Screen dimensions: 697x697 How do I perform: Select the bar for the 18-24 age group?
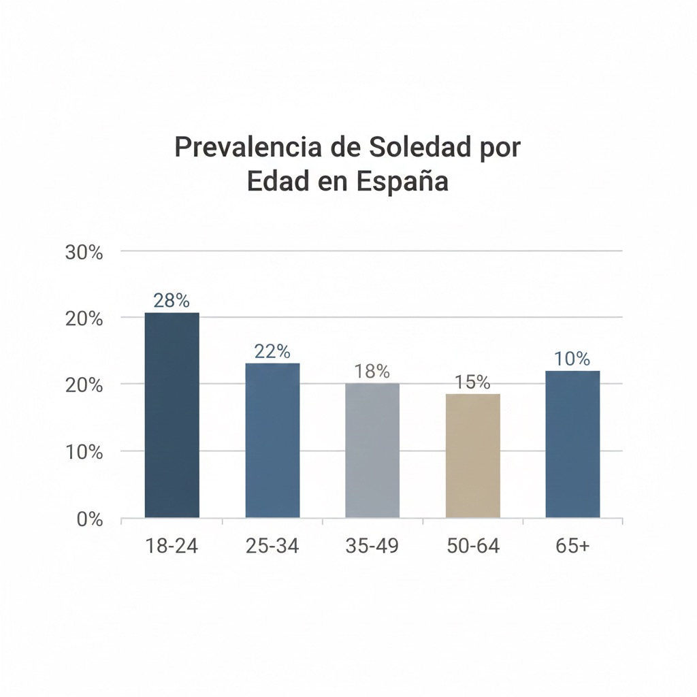pos(172,415)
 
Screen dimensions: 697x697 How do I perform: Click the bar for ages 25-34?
pos(272,440)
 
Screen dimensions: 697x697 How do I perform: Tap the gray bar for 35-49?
pos(372,450)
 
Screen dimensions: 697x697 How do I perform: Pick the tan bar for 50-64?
pos(472,455)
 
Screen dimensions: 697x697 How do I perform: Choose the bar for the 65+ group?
pos(572,444)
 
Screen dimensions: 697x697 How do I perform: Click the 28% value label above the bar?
pos(172,301)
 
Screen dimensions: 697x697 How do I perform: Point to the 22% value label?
pos(272,351)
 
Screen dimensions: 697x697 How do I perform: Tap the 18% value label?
pos(372,372)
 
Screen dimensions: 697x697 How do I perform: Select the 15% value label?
pos(472,383)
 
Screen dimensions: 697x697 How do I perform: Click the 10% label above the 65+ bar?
pos(572,359)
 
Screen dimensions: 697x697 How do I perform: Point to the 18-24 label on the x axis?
pos(172,546)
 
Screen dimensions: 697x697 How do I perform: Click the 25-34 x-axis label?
pos(272,546)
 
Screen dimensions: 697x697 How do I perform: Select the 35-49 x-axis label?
pos(372,546)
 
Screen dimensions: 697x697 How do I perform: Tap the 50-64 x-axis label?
pos(472,546)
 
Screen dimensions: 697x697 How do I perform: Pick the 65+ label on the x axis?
pos(572,546)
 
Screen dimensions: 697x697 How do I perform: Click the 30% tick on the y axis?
pos(84,253)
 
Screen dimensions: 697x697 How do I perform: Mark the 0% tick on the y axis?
pos(89,519)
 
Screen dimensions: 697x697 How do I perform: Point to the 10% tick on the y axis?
pos(84,452)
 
